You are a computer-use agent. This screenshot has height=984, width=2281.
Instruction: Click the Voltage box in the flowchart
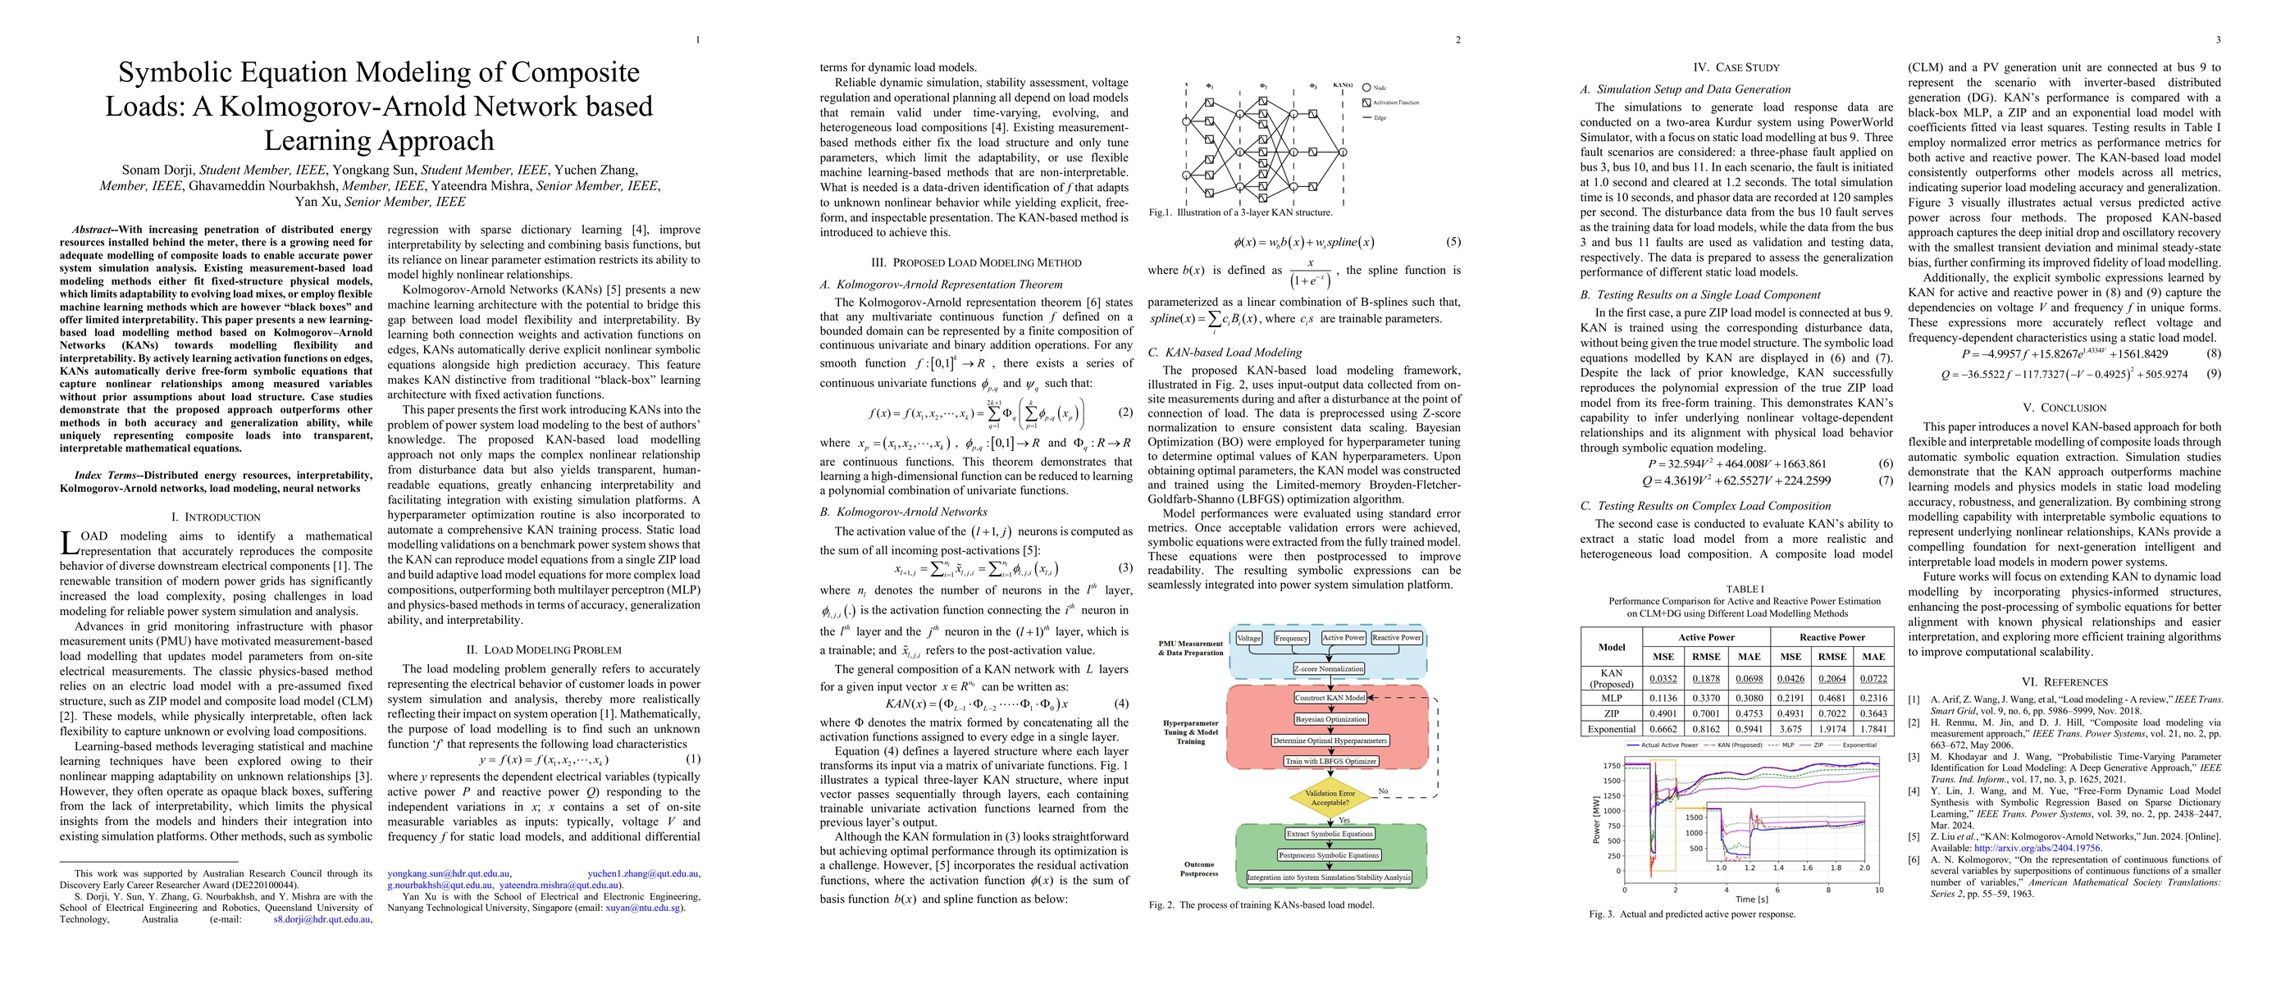1248,638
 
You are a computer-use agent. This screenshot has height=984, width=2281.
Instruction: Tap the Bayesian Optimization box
1330,719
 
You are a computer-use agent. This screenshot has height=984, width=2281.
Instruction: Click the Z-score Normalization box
1328,669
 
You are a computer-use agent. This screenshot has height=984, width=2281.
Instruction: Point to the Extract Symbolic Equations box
1329,834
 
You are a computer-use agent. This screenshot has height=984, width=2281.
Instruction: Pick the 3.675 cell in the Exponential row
1791,729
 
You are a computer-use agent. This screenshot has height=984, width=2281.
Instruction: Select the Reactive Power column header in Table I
1832,637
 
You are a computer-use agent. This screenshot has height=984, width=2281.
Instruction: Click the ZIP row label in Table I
1612,713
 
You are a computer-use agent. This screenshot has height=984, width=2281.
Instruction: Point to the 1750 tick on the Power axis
1611,765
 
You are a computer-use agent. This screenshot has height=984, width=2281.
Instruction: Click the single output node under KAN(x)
1343,153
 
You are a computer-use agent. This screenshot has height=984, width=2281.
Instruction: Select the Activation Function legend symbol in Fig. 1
1366,102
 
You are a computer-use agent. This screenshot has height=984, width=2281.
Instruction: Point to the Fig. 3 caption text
1692,914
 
